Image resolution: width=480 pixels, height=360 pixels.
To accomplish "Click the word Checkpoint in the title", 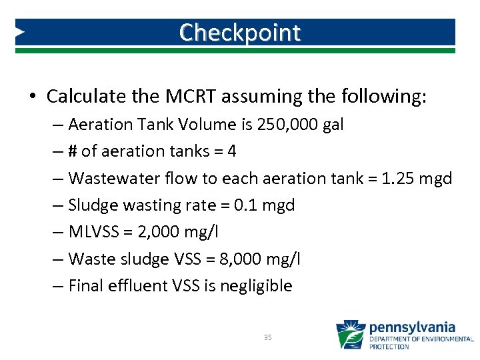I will (239, 32).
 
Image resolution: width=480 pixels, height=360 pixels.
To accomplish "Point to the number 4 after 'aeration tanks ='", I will (231, 151).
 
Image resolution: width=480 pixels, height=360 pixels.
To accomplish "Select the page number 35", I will (268, 338).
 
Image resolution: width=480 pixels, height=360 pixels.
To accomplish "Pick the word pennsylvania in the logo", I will (412, 327).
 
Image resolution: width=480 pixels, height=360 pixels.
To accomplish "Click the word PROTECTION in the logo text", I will (389, 347).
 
